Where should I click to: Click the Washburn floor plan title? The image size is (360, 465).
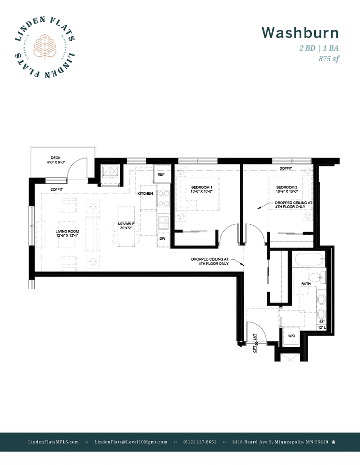coord(300,33)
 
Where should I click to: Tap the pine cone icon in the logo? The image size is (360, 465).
coord(44,46)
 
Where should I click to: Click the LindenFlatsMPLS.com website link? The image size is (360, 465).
coord(53,442)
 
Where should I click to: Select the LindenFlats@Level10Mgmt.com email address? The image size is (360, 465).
coord(131,442)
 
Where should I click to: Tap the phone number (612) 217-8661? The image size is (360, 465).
coord(200,442)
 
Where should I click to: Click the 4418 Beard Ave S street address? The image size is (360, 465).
coord(280,442)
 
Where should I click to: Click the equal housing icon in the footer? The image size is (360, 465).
coord(334,442)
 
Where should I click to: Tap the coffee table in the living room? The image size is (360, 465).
coord(67,234)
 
